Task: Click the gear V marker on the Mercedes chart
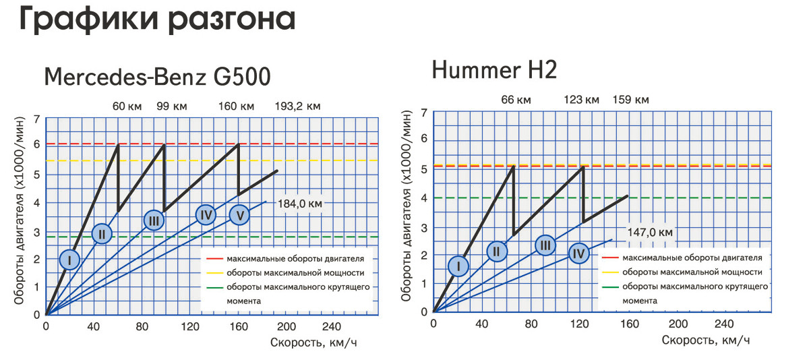tap(240, 215)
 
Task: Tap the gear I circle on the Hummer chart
tap(458, 266)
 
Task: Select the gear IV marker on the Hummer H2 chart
tap(578, 254)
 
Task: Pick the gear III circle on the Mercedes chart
tap(154, 220)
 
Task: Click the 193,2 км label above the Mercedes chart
tap(298, 107)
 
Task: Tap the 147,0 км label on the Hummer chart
tap(650, 233)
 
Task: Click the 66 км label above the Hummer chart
tap(516, 100)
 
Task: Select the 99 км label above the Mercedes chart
tap(172, 107)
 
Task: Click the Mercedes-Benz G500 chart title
tap(157, 77)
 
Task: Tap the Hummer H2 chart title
tap(494, 69)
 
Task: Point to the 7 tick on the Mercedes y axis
tap(36, 119)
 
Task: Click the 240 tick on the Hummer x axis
tap(724, 324)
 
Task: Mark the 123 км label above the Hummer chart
tap(581, 100)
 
